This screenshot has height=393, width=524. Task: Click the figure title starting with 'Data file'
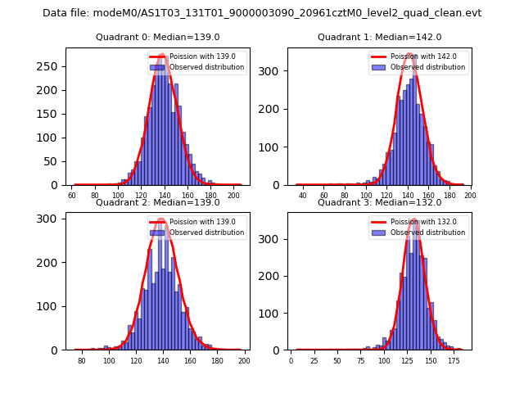262,13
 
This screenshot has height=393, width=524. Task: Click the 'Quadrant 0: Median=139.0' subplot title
157,37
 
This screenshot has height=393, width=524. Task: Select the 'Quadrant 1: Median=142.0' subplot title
379,37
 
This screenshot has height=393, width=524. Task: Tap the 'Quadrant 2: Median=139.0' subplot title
157,202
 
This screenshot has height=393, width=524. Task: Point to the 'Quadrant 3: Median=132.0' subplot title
379,202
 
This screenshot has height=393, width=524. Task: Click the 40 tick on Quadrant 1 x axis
303,196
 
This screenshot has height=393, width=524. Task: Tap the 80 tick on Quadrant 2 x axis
82,361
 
